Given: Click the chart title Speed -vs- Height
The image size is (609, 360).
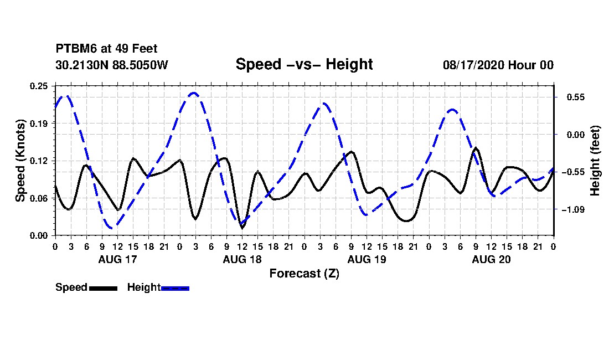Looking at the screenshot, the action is (x=304, y=64).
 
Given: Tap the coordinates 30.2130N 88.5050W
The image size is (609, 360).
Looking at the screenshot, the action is (x=112, y=65).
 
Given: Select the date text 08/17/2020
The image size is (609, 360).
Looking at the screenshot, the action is (x=474, y=65).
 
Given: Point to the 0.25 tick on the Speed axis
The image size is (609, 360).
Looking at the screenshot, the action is (x=39, y=86).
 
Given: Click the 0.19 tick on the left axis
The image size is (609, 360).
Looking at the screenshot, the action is (x=39, y=124).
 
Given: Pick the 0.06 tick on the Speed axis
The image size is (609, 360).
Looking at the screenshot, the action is (x=39, y=198).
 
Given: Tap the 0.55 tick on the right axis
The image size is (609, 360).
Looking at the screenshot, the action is (x=576, y=97).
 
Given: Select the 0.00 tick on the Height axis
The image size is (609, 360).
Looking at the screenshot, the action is (x=576, y=135).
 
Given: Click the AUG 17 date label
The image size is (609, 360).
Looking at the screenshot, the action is (x=118, y=259).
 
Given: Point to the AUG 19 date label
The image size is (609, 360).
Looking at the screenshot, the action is (x=367, y=259).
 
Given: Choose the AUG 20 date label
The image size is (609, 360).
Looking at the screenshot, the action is (x=491, y=259).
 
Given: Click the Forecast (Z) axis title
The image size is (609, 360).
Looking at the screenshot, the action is (x=304, y=274).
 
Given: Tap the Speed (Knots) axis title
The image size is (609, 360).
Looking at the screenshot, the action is (x=20, y=161).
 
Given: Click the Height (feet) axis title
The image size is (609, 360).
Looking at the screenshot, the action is (x=595, y=161).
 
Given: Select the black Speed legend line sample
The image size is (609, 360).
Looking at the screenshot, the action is (x=103, y=289).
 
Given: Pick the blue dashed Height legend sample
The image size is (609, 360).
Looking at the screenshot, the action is (x=175, y=289).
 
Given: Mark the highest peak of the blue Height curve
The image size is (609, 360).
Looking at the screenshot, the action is (x=194, y=93).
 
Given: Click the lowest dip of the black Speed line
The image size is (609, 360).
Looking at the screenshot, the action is (x=242, y=228).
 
